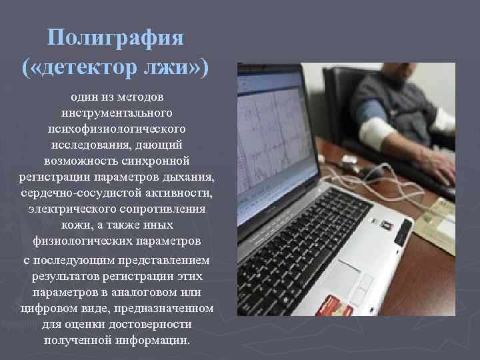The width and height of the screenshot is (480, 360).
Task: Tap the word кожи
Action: coord(78,225)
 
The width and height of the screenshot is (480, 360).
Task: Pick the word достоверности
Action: coord(152,325)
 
